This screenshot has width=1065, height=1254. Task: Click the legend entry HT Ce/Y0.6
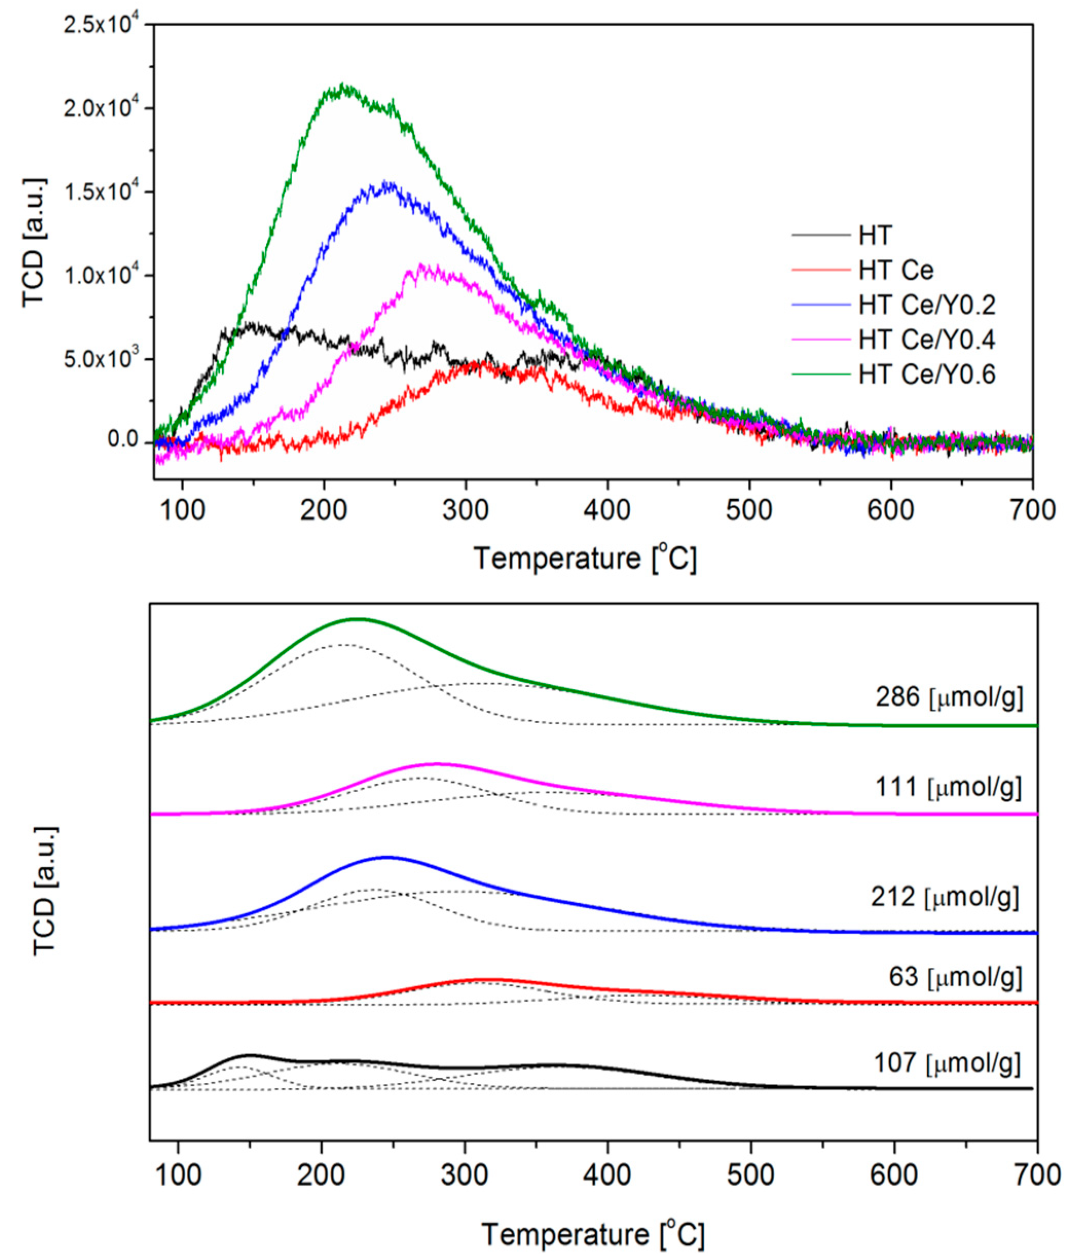[x=926, y=375]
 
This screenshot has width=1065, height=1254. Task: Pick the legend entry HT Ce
[x=896, y=270]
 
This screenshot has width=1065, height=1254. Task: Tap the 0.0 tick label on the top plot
[x=123, y=439]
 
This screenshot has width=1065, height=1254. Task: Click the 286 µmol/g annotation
[x=949, y=698]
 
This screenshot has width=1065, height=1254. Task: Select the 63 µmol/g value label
[x=955, y=977]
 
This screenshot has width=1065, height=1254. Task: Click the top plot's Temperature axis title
[x=584, y=559]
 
